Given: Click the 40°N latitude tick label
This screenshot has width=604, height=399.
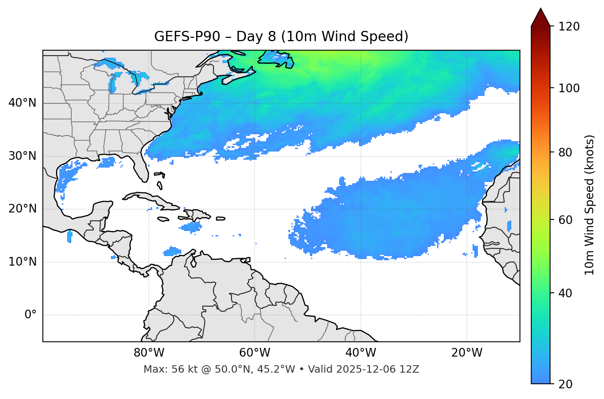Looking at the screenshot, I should coord(22,103).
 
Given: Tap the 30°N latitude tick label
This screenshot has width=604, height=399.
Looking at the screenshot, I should coord(22,156).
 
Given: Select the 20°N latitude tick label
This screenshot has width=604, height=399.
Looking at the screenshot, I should coord(22,209).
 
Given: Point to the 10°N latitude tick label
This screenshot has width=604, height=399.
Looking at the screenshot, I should coord(22,262).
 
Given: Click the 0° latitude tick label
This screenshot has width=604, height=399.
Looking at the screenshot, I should coord(30,315).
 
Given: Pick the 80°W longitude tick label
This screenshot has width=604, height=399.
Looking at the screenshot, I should coord(149,353).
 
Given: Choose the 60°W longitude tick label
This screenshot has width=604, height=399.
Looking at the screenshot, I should coord(255,353).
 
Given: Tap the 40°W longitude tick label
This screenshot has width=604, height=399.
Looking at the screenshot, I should coord(361,353).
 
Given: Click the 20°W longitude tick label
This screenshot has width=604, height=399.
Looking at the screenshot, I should coord(467,353).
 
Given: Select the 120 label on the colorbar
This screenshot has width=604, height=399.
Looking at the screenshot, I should coord(569,27).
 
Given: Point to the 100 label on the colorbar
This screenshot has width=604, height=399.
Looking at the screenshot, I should coord(569,88).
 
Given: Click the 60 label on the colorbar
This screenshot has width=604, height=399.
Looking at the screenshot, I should coord(566,220).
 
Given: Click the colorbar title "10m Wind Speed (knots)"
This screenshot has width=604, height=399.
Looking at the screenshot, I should coord(590,205).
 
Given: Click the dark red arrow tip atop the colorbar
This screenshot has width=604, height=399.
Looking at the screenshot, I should coord(541,16).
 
